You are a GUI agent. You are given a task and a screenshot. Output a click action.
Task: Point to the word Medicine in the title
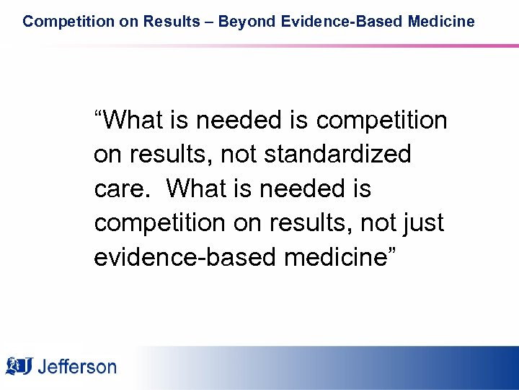pyautogui.click(x=442, y=22)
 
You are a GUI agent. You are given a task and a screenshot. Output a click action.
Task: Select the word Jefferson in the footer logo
pyautogui.click(x=76, y=367)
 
